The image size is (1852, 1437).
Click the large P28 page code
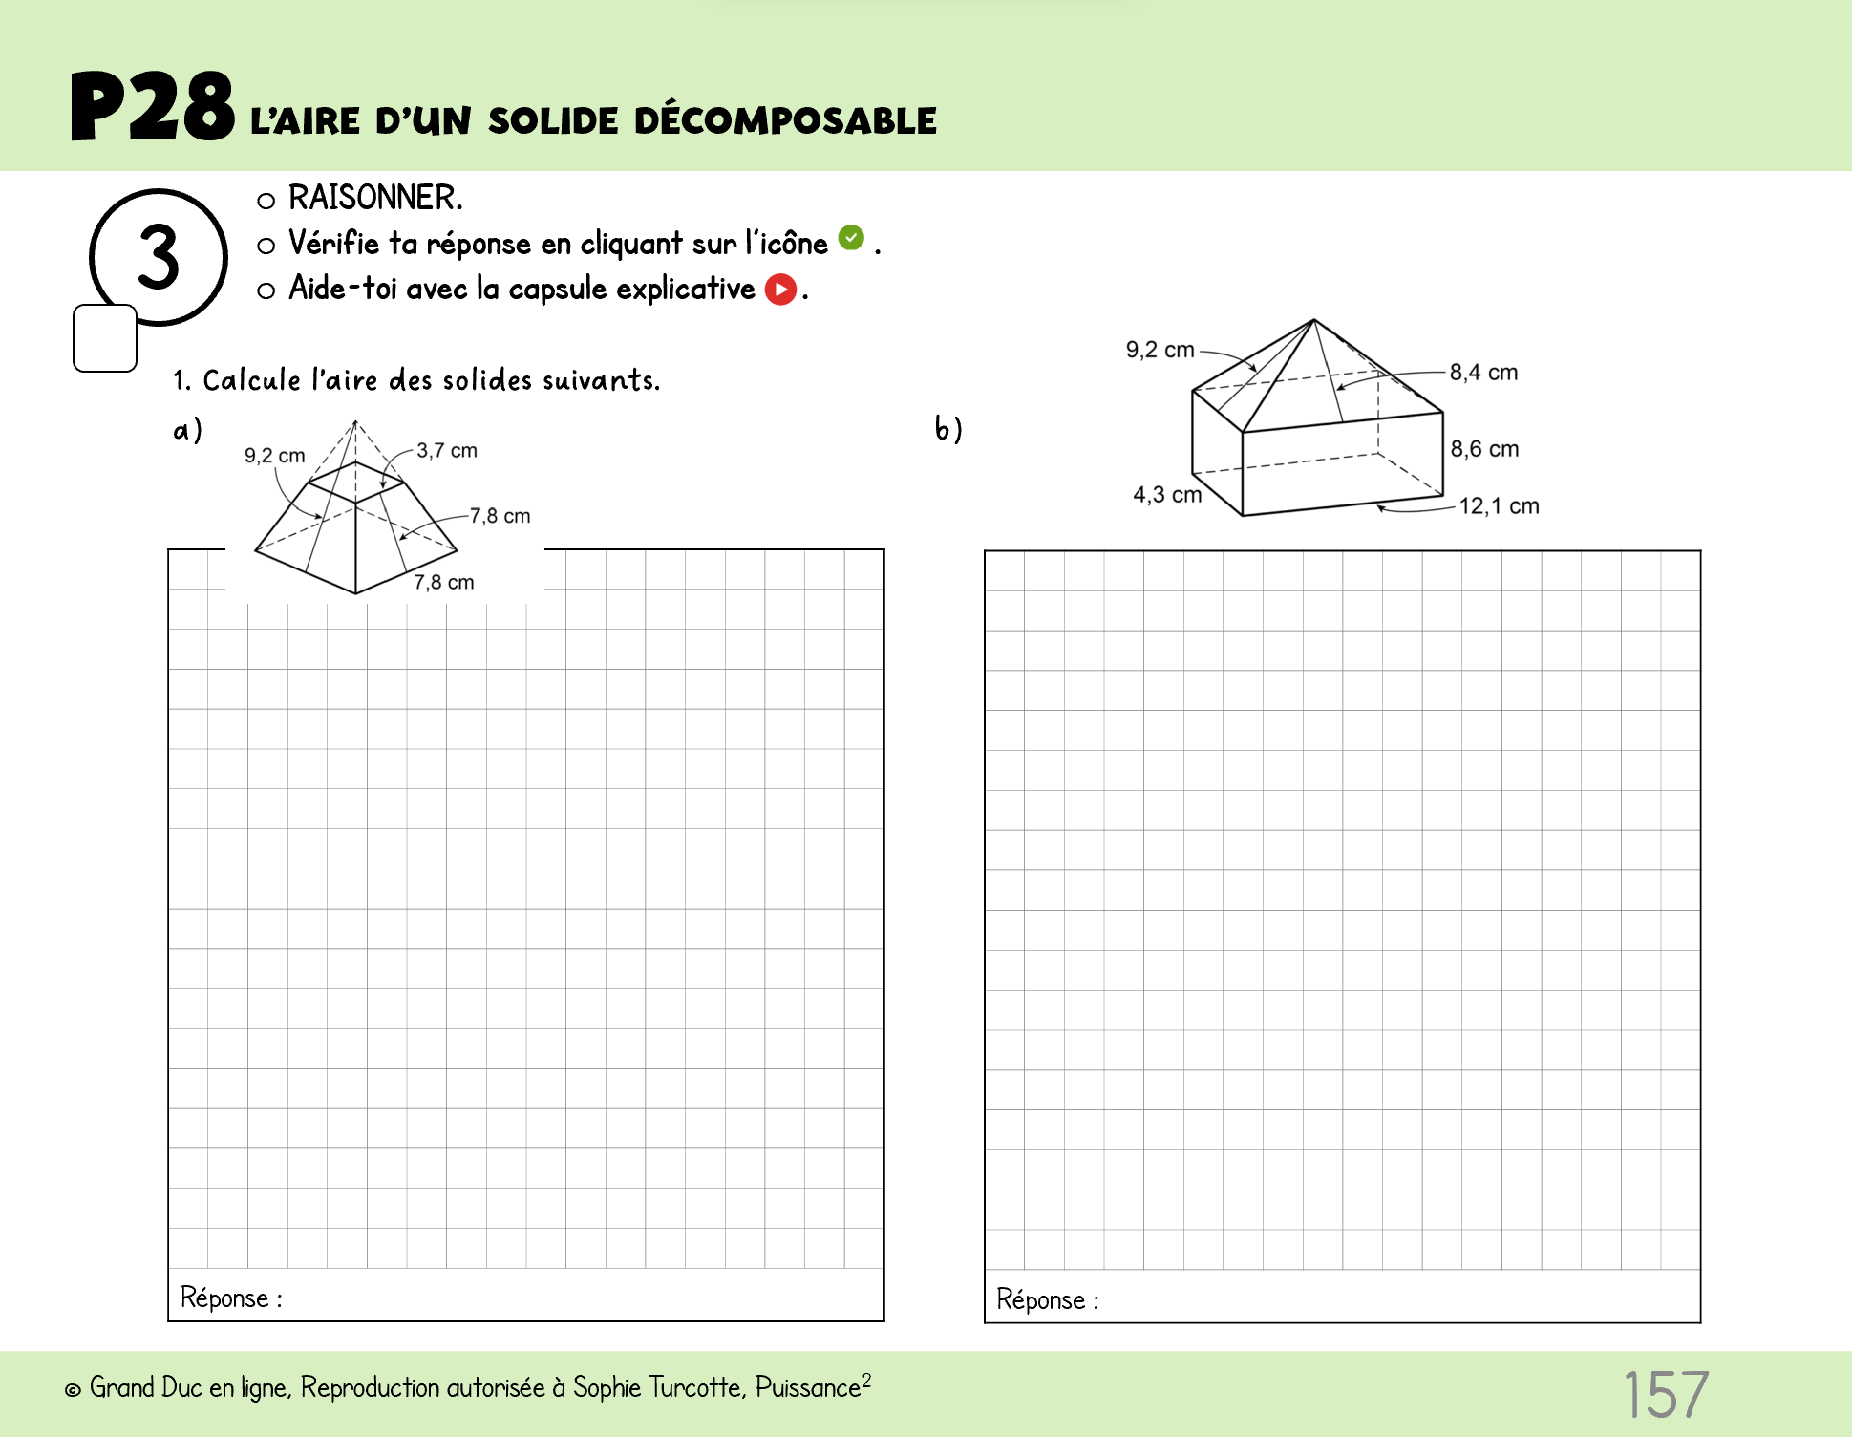click(x=153, y=107)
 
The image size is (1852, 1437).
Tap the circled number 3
click(x=159, y=257)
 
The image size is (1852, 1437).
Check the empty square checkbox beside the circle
click(x=105, y=338)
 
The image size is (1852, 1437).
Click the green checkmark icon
click(x=851, y=238)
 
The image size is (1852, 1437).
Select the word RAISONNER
click(x=375, y=198)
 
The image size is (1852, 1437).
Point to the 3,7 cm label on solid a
click(x=447, y=450)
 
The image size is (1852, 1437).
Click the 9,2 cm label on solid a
click(x=275, y=456)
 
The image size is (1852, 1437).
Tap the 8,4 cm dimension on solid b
click(x=1483, y=372)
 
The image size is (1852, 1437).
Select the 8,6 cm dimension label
click(x=1484, y=449)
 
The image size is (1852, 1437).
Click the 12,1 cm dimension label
click(x=1499, y=506)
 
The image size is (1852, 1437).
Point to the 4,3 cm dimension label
click(x=1167, y=495)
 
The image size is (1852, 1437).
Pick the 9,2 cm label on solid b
click(x=1160, y=350)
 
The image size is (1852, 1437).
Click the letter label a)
click(x=187, y=430)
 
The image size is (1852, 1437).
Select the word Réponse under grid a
click(x=225, y=1298)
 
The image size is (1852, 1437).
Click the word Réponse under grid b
click(x=1041, y=1299)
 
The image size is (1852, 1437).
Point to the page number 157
click(x=1666, y=1395)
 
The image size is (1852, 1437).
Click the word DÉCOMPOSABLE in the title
click(x=785, y=121)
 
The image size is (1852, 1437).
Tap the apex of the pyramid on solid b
click(x=1314, y=320)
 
